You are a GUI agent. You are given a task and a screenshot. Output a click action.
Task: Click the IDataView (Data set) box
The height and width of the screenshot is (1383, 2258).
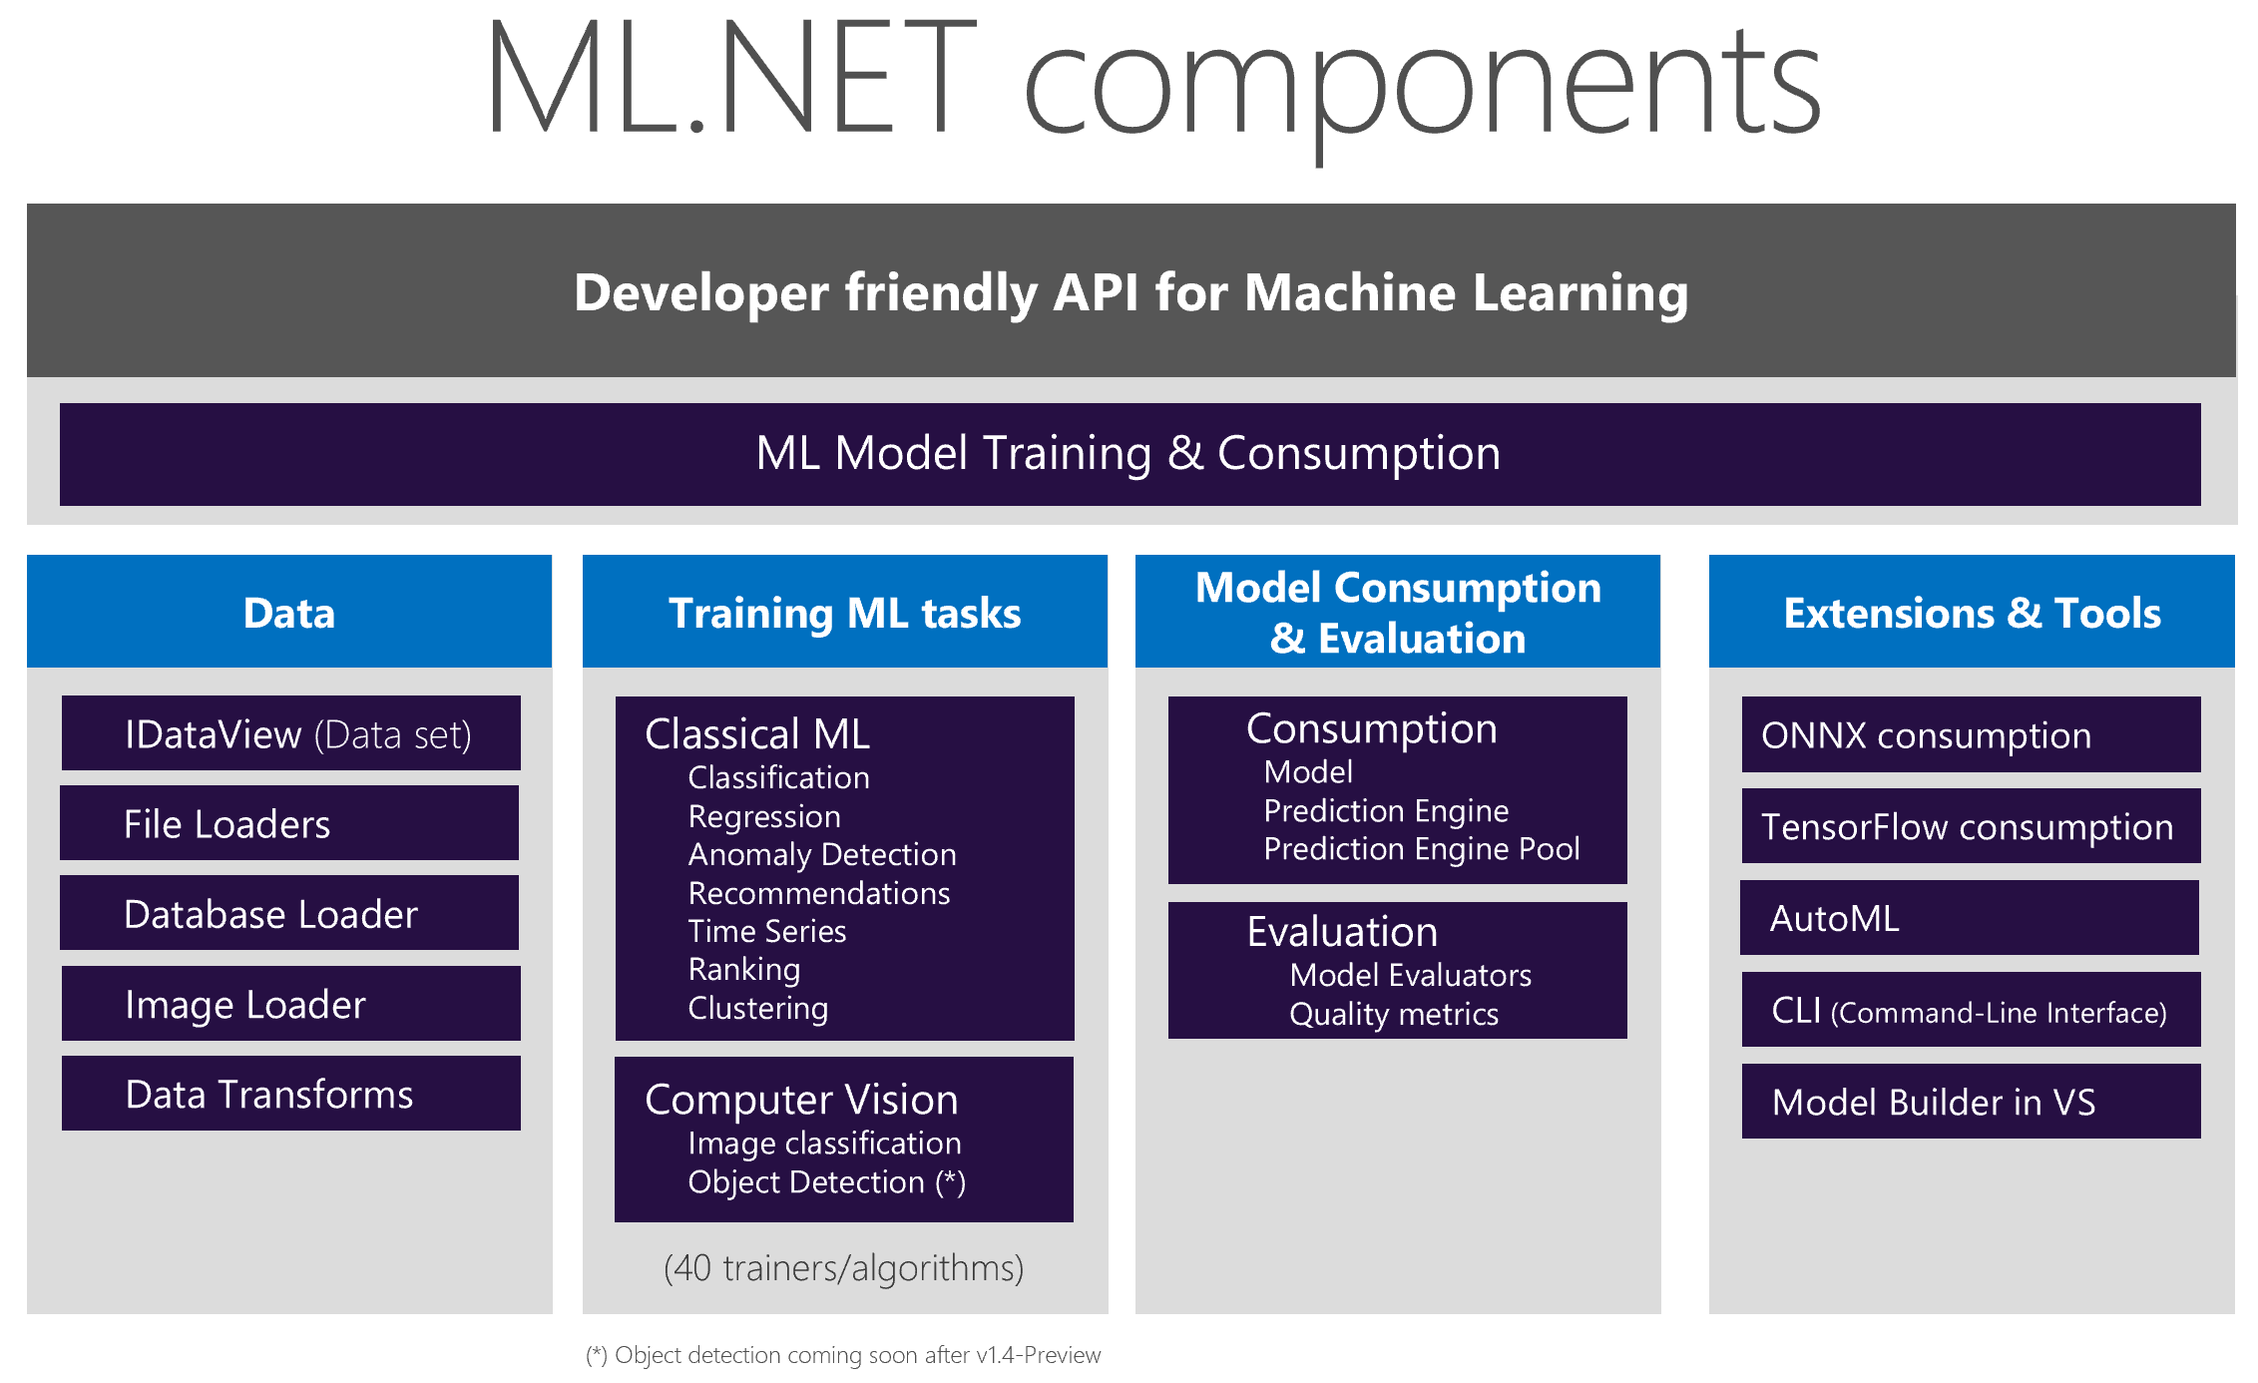[x=290, y=733]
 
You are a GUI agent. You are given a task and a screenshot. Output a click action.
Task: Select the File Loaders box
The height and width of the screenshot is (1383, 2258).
[x=288, y=823]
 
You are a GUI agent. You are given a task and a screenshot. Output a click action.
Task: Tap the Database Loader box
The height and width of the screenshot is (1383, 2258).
[x=288, y=913]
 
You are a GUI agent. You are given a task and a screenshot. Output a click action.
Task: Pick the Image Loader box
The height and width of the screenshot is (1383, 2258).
[x=290, y=1004]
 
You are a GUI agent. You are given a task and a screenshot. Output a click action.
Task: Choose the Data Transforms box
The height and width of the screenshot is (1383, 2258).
[x=290, y=1094]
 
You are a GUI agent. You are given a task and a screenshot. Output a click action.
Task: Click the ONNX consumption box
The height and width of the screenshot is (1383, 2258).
[x=1970, y=734]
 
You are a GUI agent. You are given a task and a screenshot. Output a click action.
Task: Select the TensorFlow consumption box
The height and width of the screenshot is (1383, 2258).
[x=1970, y=826]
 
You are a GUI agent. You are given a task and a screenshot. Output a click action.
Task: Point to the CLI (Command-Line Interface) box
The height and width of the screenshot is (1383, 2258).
[x=1970, y=1011]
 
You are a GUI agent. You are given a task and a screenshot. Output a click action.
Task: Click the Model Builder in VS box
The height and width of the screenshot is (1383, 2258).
[x=1970, y=1102]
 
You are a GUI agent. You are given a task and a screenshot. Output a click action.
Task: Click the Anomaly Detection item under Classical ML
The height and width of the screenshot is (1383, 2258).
[x=821, y=855]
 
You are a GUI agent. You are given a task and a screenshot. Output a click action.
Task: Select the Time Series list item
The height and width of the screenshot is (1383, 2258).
[x=766, y=931]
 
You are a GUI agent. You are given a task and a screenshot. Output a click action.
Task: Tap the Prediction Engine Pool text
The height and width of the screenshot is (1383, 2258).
[x=1421, y=849]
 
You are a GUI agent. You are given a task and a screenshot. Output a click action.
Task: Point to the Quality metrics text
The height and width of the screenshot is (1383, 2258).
[x=1393, y=1014]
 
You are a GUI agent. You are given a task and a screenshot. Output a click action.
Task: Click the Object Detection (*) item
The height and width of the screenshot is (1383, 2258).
[x=826, y=1182]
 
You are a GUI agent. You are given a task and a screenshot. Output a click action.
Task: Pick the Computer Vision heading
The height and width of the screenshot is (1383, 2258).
[x=800, y=1100]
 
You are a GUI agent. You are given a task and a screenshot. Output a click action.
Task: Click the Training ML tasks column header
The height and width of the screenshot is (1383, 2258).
[x=844, y=613]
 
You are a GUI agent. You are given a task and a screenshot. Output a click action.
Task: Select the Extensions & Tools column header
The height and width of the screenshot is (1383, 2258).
[x=1971, y=613]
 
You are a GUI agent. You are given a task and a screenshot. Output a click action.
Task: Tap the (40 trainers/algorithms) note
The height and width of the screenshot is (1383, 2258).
[x=843, y=1268]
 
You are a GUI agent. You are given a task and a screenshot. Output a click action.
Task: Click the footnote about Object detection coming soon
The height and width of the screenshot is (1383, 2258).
[x=843, y=1355]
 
